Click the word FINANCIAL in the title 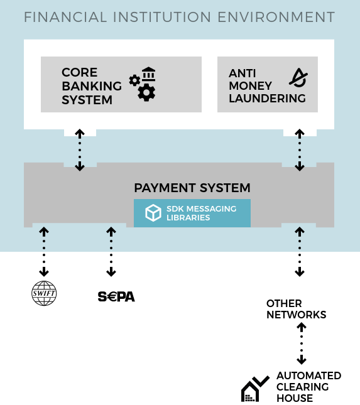click(65, 17)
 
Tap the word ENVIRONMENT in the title click(276, 17)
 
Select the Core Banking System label click(92, 86)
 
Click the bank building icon click(149, 74)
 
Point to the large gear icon click(146, 92)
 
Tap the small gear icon click(134, 80)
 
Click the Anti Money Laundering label click(267, 86)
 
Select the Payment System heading click(192, 188)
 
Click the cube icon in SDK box click(153, 213)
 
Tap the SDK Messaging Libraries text click(201, 213)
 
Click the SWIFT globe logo click(44, 293)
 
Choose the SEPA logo click(116, 296)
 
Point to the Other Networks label click(296, 309)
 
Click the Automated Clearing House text click(309, 387)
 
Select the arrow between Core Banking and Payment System click(80, 150)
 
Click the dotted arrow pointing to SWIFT click(44, 252)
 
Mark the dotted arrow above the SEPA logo click(111, 252)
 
